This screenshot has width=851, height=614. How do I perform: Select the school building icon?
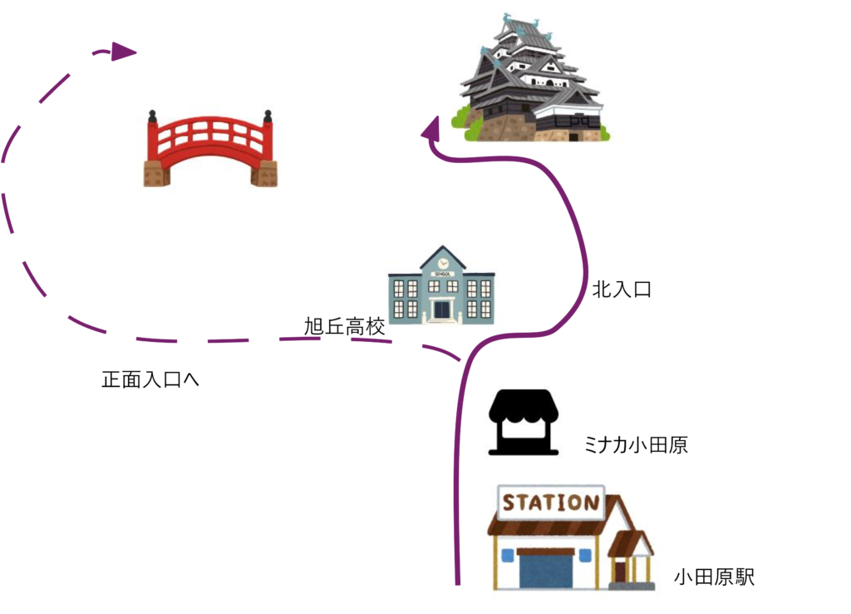pyautogui.click(x=441, y=285)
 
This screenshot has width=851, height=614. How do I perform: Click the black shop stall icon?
pyautogui.click(x=524, y=422)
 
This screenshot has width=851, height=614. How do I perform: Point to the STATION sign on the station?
pyautogui.click(x=551, y=502)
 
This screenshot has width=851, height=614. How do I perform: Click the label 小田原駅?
pyautogui.click(x=714, y=577)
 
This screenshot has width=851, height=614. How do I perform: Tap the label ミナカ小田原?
pyautogui.click(x=636, y=444)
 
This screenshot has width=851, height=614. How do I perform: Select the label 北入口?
pyautogui.click(x=622, y=289)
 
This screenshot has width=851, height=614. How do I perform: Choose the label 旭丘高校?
pyautogui.click(x=345, y=326)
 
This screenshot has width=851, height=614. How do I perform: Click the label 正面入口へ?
pyautogui.click(x=150, y=379)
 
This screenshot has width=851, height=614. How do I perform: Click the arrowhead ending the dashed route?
pyautogui.click(x=123, y=52)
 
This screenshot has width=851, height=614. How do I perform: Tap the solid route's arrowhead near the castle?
pyautogui.click(x=431, y=128)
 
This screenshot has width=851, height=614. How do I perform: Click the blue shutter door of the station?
pyautogui.click(x=545, y=569)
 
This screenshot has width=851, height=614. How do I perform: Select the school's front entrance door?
pyautogui.click(x=442, y=309)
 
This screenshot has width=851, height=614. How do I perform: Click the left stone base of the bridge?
pyautogui.click(x=157, y=174)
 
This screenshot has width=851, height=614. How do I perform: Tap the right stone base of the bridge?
pyautogui.click(x=264, y=174)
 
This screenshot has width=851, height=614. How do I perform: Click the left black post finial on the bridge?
pyautogui.click(x=153, y=116)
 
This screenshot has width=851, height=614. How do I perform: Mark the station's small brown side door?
pyautogui.click(x=620, y=571)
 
